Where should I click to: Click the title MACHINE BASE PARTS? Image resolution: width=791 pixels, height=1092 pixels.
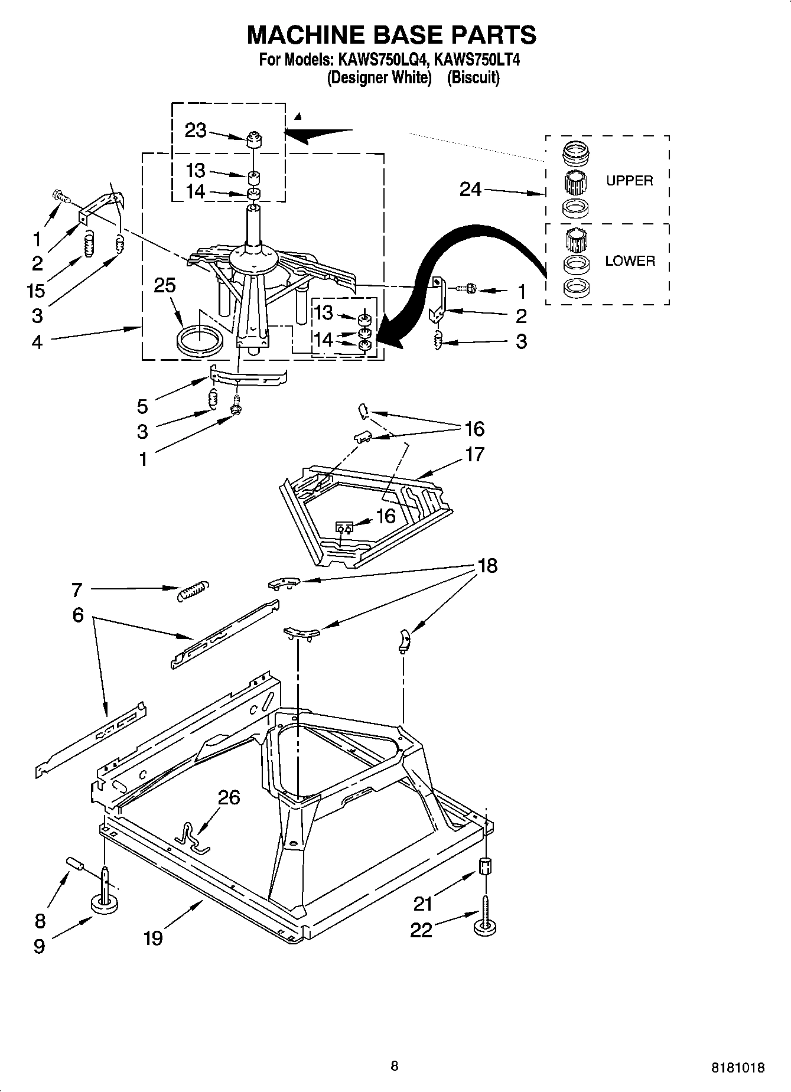(x=391, y=35)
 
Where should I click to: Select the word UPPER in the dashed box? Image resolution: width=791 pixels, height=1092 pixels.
(x=629, y=181)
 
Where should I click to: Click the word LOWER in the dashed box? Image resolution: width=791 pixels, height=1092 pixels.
(x=630, y=261)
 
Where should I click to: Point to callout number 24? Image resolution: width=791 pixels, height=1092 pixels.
(x=470, y=190)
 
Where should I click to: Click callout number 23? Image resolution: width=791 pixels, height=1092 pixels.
(x=196, y=130)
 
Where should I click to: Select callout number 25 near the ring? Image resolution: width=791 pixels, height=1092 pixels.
(x=165, y=285)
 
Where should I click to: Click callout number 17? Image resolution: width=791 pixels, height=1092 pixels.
(x=474, y=454)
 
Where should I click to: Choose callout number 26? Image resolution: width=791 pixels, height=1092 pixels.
(x=229, y=797)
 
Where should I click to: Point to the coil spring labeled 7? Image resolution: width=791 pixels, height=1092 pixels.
(x=193, y=590)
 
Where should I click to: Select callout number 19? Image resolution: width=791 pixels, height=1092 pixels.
(x=152, y=937)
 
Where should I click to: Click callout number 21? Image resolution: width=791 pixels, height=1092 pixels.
(x=423, y=904)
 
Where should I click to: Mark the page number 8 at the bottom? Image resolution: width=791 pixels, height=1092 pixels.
(x=395, y=1066)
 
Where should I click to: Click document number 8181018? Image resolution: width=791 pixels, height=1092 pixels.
(x=738, y=1068)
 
